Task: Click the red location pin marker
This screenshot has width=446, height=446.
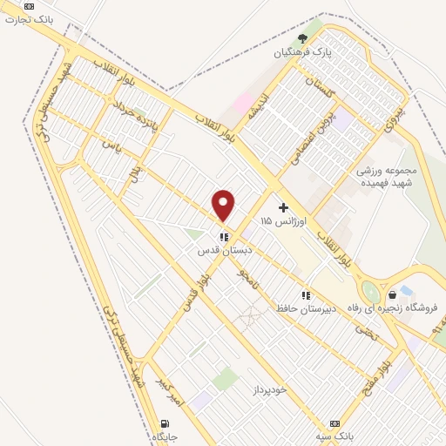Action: (x=225, y=205)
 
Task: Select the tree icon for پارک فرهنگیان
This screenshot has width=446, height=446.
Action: (x=302, y=38)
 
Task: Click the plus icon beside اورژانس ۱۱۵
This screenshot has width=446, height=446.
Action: (x=283, y=207)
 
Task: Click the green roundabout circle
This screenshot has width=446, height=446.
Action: (x=372, y=292)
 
